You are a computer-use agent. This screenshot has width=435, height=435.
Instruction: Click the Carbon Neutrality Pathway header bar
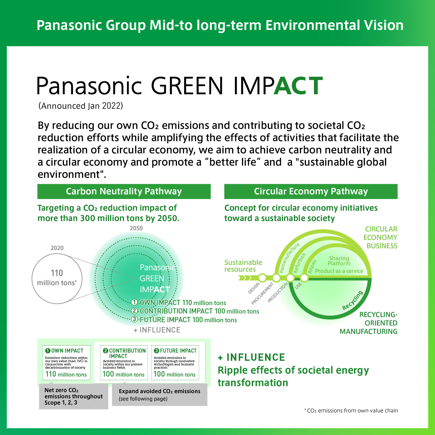[x=124, y=191]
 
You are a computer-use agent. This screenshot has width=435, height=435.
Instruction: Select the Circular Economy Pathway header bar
[x=311, y=191]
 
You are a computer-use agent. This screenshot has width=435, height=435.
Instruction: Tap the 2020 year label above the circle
[x=57, y=248]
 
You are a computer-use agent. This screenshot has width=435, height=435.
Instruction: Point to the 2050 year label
[x=136, y=228]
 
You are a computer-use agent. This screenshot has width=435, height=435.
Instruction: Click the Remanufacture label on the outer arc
[x=289, y=257]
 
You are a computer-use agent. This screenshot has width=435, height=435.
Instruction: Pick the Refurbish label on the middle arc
[x=300, y=263]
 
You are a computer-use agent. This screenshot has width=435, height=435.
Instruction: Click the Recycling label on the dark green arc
[x=352, y=300]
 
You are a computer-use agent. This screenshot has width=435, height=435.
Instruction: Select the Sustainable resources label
[x=243, y=266]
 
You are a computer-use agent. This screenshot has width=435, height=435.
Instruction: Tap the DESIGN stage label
[x=254, y=288]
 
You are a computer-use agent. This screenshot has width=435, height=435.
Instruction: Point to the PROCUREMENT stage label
[x=262, y=294]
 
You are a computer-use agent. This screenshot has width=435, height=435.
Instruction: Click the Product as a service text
[x=339, y=271]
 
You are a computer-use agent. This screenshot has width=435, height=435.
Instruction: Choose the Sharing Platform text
[x=339, y=261]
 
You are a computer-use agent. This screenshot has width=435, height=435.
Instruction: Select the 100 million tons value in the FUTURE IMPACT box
[x=175, y=374]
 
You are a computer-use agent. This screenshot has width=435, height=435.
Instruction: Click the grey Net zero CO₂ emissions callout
[x=73, y=396]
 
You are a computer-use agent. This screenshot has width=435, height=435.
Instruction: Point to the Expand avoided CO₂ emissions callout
[x=160, y=395]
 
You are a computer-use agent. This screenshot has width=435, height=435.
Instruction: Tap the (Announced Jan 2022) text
[x=81, y=106]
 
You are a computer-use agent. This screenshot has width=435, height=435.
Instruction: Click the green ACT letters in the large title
[x=298, y=86]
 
